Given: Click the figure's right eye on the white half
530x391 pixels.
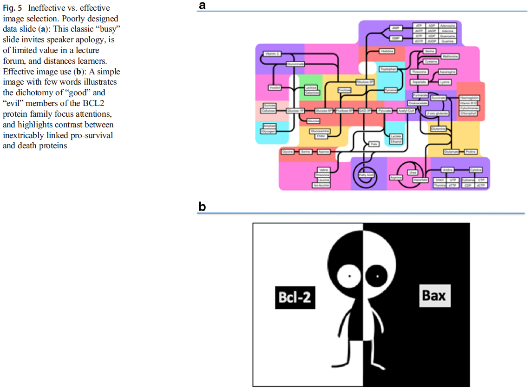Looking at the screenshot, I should pos(378,278).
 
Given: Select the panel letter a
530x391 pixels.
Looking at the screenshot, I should pos(202,5).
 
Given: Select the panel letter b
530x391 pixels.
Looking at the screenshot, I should pos(202,206).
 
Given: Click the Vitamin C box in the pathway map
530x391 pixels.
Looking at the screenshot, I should pos(271,54).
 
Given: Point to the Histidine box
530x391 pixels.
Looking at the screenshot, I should pos(387,51).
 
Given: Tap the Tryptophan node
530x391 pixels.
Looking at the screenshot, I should pos(388,69).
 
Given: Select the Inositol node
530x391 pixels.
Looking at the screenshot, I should pos(274,87).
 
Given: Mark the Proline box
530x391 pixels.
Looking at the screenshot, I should pos(471,152).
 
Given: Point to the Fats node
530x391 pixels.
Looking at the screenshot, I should pos(373,145).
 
